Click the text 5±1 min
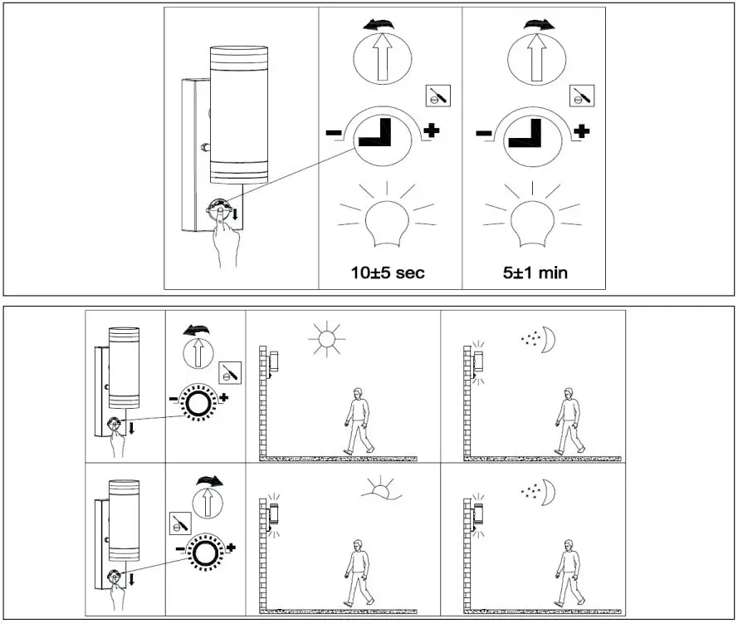pos(533,272)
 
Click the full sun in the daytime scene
pos(325,339)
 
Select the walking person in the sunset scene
pos(358,572)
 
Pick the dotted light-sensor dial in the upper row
pos(198,403)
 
